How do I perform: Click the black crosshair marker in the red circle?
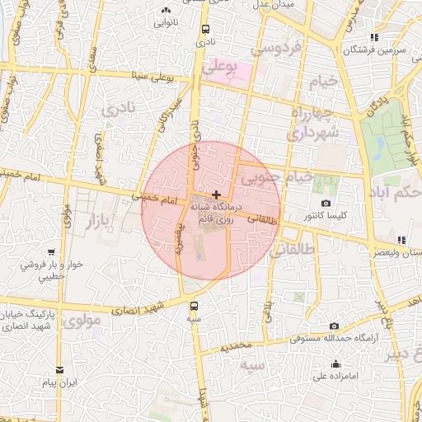pyautogui.click(x=216, y=195)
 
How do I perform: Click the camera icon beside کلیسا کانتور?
pyautogui.click(x=326, y=203)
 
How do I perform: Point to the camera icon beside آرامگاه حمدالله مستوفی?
pyautogui.click(x=333, y=326)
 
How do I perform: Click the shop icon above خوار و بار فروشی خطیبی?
pyautogui.click(x=52, y=251)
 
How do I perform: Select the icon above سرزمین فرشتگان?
pyautogui.click(x=375, y=36)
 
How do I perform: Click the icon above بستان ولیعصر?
pyautogui.click(x=401, y=240)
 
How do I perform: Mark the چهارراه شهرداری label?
pyautogui.click(x=311, y=121)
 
